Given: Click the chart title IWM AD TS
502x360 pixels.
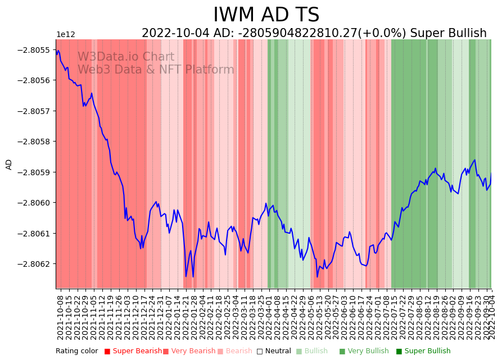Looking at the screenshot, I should click(x=266, y=15).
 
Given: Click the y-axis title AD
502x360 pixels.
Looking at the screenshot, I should click(x=9, y=164).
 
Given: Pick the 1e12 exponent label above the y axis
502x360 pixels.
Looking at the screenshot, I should click(x=65, y=35).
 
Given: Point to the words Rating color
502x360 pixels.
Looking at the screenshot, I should click(x=76, y=351).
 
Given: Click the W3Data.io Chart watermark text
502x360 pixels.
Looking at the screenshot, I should click(x=126, y=57).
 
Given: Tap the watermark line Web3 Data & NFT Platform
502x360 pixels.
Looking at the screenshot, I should click(x=156, y=70).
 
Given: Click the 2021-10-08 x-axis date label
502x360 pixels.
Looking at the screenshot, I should click(x=60, y=317).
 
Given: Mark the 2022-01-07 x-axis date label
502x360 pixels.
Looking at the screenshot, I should click(x=169, y=317).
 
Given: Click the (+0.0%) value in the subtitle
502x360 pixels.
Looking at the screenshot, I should click(x=382, y=33).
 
